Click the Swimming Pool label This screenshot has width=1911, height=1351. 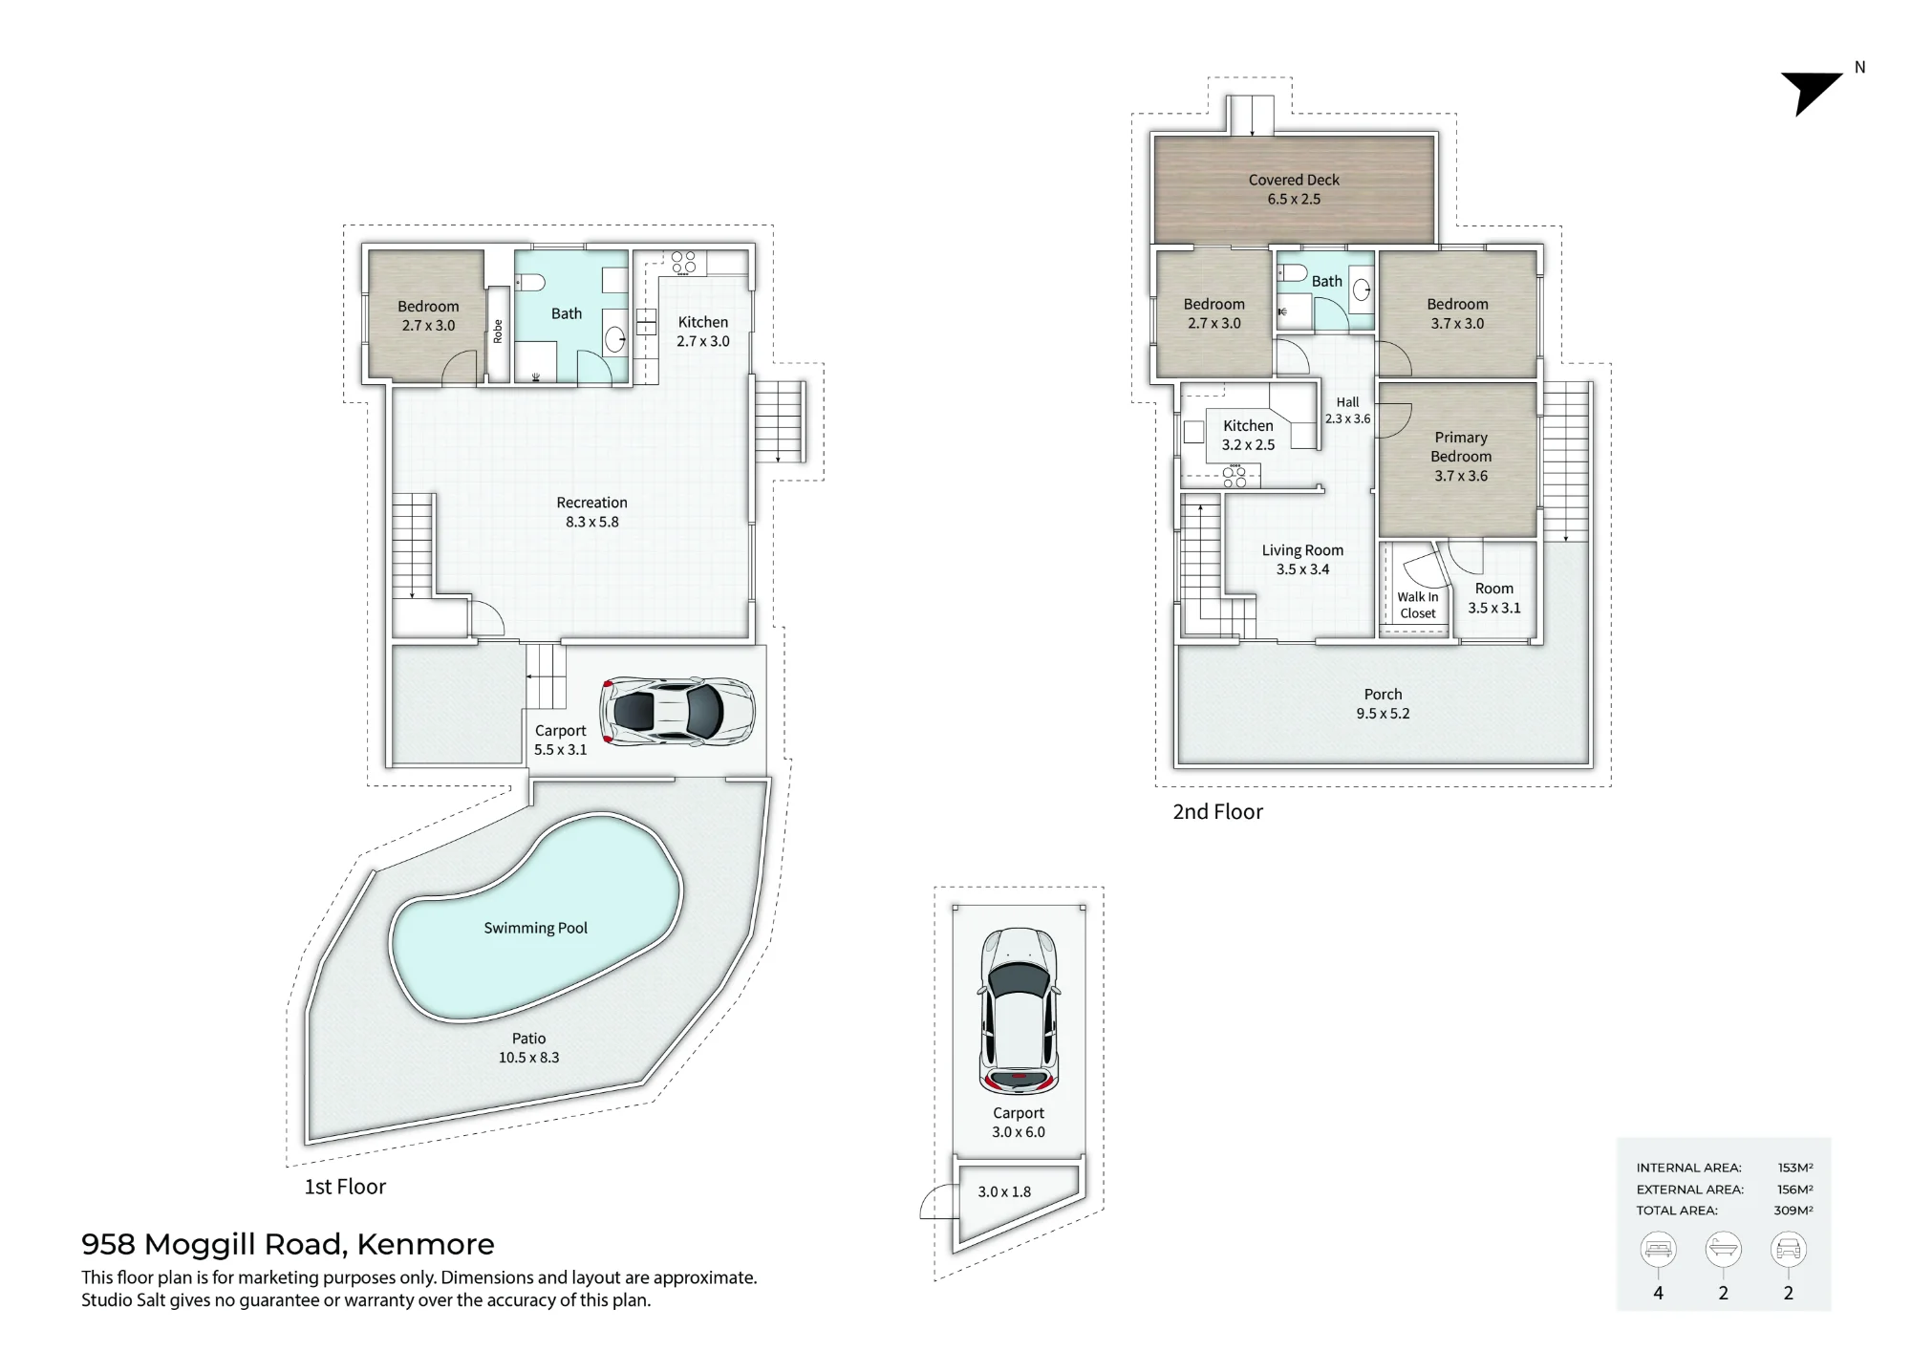coord(535,928)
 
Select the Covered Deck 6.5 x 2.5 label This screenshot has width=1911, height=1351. coord(1294,189)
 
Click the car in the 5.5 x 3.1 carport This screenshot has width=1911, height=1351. coord(676,712)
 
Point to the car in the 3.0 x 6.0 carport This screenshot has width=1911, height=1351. coord(1019,1011)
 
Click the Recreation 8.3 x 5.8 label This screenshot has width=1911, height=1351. coord(592,512)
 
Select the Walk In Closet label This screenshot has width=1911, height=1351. coord(1418,605)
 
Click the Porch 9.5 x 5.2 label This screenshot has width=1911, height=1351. coord(1383,703)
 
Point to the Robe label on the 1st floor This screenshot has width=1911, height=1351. coord(498,331)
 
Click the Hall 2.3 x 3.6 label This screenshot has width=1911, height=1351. coord(1347,411)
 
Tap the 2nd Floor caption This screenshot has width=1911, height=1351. coord(1217,812)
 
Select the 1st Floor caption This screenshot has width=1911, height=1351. coord(345,1187)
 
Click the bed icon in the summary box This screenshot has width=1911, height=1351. coord(1658,1249)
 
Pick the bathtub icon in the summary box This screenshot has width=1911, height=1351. coord(1723,1249)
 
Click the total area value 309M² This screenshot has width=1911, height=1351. coord(1793,1211)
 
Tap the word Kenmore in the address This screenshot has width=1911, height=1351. coord(425,1244)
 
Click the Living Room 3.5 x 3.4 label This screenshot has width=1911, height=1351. coord(1302,560)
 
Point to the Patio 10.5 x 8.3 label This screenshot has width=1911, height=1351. coord(528,1048)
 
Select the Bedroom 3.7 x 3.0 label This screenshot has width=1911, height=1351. coord(1457,313)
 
